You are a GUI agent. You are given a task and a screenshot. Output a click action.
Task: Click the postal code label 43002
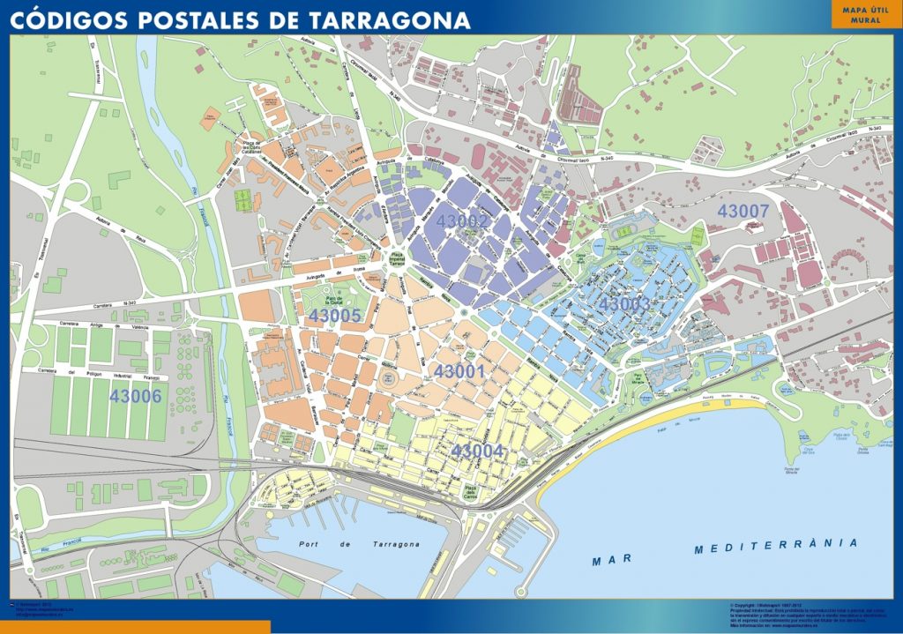click(x=462, y=221)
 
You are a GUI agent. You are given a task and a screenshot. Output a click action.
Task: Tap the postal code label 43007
click(x=743, y=212)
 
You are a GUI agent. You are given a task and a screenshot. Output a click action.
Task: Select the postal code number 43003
click(x=624, y=304)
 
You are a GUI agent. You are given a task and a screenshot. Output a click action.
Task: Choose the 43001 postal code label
click(x=459, y=372)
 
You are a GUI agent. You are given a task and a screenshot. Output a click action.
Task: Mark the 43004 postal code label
click(x=477, y=451)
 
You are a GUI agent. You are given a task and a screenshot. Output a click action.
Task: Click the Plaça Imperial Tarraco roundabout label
click(x=397, y=258)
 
